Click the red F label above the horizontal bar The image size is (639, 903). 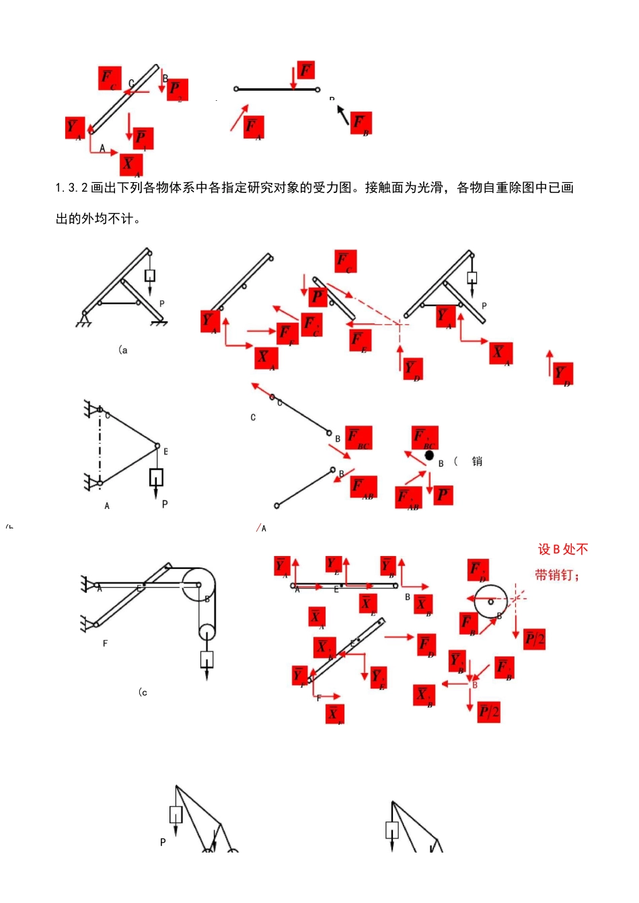[x=305, y=71]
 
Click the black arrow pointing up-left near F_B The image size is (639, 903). [x=343, y=115]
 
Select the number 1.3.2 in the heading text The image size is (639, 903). [x=71, y=188]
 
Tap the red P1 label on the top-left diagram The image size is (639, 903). [x=143, y=139]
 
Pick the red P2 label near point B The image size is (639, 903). [x=177, y=89]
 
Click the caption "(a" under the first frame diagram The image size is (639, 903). [x=122, y=350]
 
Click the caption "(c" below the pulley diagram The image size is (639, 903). [x=143, y=692]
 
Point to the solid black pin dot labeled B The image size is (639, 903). [x=429, y=455]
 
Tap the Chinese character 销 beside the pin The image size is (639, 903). [x=477, y=461]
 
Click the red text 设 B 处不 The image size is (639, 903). [x=563, y=549]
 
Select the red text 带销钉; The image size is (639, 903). [x=557, y=575]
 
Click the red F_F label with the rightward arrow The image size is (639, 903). [x=287, y=333]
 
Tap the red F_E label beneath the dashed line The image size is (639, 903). [x=361, y=340]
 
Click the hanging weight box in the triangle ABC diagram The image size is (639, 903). [x=156, y=477]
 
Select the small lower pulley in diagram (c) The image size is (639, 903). [x=206, y=632]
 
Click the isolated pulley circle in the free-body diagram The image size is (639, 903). [x=491, y=601]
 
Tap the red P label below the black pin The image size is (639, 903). [x=443, y=496]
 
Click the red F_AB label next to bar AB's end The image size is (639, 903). [x=363, y=487]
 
